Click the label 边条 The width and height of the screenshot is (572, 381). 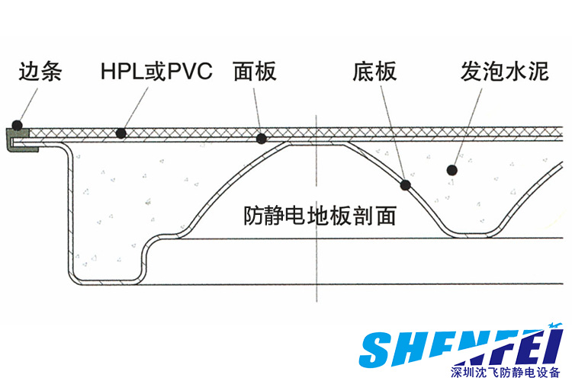(40, 73)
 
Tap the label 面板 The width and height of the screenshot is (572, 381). (254, 73)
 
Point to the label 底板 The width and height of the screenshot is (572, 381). (374, 73)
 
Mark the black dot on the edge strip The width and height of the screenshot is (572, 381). (18, 126)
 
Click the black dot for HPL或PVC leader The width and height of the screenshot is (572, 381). (120, 134)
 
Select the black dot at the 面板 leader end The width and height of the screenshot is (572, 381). (262, 139)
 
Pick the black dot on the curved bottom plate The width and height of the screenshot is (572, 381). (406, 184)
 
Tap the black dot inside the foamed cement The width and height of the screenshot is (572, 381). (452, 171)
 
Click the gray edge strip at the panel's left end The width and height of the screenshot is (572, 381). (18, 141)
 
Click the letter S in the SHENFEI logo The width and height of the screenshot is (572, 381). (378, 349)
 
